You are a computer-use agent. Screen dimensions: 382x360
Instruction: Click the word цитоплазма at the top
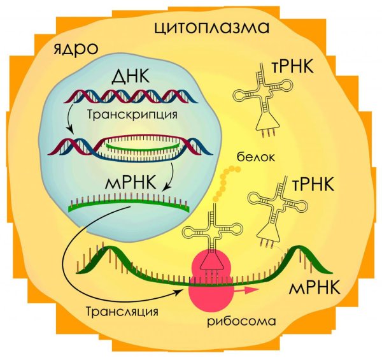click(212, 28)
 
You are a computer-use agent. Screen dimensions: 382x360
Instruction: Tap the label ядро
click(76, 49)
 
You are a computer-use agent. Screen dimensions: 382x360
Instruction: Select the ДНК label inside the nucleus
click(130, 76)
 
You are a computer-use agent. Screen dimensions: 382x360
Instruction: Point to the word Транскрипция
click(132, 115)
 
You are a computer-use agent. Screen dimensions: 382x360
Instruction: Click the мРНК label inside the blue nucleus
click(131, 183)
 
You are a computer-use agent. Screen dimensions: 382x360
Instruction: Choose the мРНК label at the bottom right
click(315, 288)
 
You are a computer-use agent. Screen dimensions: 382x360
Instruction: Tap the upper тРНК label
click(292, 66)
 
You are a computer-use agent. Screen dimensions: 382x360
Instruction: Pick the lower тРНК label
click(313, 185)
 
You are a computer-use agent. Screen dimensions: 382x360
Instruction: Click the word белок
click(256, 157)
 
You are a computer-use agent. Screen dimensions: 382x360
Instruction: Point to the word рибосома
click(241, 321)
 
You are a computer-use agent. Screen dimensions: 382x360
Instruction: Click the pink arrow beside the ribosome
click(246, 290)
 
